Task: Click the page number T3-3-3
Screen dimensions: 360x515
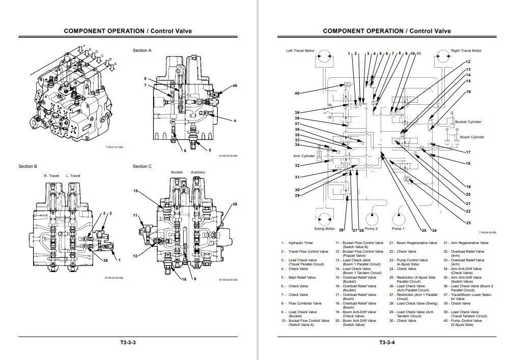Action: tap(128, 342)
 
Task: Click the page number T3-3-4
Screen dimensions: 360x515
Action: tap(386, 342)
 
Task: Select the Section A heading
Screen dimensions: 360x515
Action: tap(142, 50)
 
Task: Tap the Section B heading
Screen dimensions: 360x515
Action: tap(27, 166)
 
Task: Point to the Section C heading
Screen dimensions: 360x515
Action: tap(142, 166)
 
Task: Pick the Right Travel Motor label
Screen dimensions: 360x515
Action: tap(466, 51)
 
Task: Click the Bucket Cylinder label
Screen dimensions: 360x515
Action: tap(468, 122)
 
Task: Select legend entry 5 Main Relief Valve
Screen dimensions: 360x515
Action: tap(301, 278)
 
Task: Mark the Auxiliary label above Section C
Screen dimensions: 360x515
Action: tap(198, 172)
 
